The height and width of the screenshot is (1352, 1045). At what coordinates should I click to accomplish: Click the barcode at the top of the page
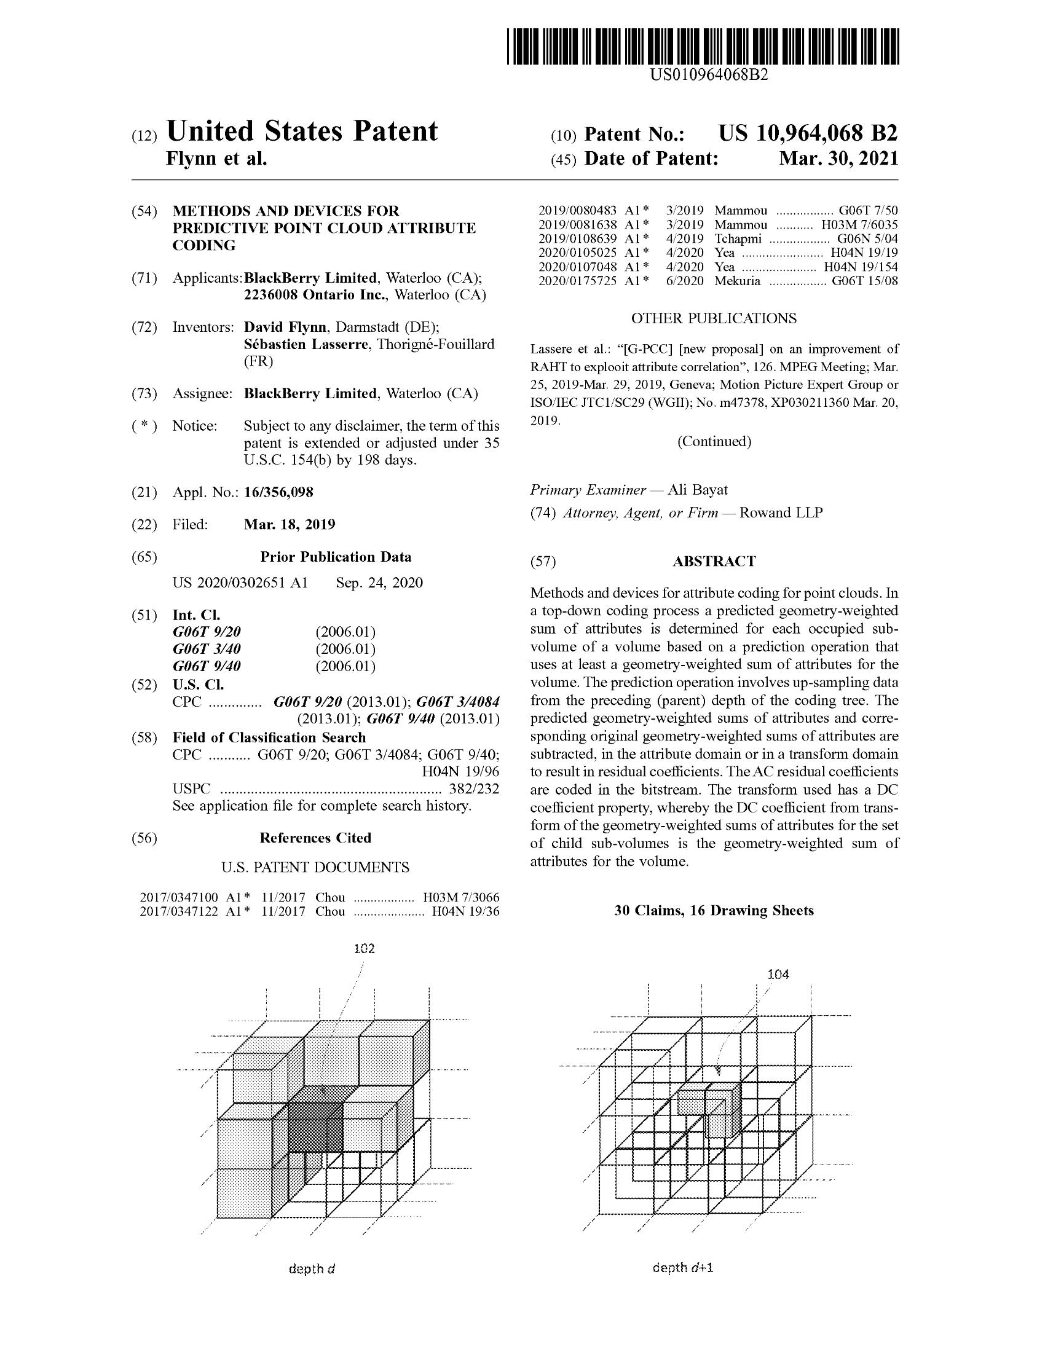[703, 47]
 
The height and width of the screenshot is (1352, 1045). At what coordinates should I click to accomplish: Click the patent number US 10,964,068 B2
[807, 134]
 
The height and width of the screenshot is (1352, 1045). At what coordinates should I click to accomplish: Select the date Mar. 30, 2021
[838, 159]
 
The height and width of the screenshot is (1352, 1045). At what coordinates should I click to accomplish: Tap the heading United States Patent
[302, 132]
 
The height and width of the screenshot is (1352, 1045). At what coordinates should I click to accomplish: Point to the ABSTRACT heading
[714, 562]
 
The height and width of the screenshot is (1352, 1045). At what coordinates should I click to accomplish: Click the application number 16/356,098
[278, 492]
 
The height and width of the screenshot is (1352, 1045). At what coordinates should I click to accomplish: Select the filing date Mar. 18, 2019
[289, 525]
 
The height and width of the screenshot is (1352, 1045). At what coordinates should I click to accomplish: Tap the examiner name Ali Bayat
[697, 490]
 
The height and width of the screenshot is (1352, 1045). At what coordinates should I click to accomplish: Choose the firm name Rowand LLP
[781, 513]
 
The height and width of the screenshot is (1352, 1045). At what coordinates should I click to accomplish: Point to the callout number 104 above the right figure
[778, 975]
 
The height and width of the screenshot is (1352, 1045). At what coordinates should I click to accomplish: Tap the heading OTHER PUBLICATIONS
[714, 318]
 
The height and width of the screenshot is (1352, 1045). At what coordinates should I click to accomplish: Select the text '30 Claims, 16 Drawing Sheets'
[714, 911]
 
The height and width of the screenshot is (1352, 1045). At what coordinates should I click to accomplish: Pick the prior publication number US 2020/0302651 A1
[240, 583]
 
